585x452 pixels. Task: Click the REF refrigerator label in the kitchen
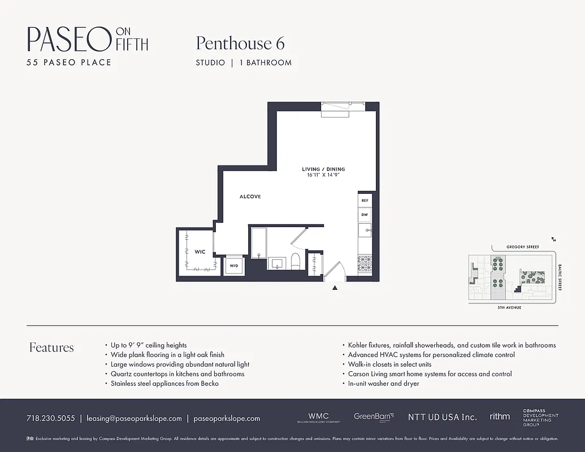point(365,201)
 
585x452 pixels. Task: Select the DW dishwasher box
point(365,215)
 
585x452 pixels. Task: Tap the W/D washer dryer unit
point(233,265)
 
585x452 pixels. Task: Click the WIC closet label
point(200,251)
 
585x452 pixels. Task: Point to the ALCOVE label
point(250,197)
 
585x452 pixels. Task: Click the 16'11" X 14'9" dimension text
point(323,175)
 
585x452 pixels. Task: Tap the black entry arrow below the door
point(335,288)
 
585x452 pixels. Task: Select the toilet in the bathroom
point(294,262)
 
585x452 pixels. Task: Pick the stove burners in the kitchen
point(365,263)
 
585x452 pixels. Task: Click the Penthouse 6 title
point(240,44)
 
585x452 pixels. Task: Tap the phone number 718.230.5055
point(50,419)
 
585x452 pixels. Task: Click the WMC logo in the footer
point(318,417)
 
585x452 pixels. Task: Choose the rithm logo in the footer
point(499,416)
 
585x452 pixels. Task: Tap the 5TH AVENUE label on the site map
point(509,307)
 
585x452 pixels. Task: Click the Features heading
point(51,347)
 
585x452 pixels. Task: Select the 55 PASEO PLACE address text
point(69,62)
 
